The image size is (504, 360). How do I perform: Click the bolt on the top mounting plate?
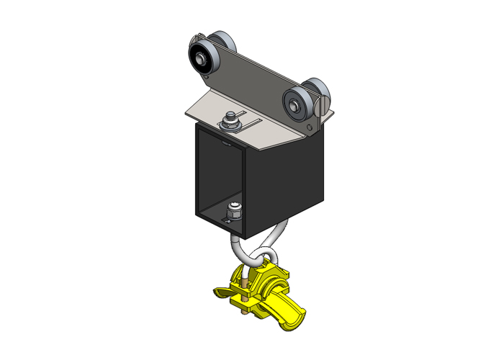coord(231,120)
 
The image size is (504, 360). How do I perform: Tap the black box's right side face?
coord(288,184)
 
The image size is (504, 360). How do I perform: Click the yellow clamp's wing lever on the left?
coord(222,292)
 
